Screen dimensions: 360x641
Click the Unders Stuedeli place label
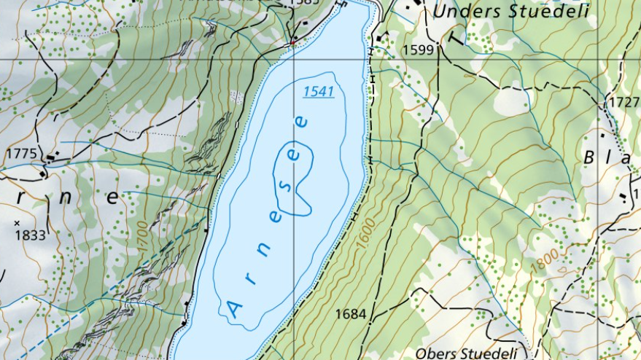pyautogui.click(x=510, y=12)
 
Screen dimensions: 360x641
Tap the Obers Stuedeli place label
pyautogui.click(x=468, y=353)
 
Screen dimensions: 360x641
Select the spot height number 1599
pyautogui.click(x=416, y=50)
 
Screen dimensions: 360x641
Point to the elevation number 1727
pyautogui.click(x=624, y=102)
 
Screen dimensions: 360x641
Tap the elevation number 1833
pyautogui.click(x=30, y=235)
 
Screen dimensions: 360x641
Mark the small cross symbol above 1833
pyautogui.click(x=17, y=222)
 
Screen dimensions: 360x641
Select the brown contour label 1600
pyautogui.click(x=364, y=232)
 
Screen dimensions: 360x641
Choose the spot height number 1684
pyautogui.click(x=350, y=314)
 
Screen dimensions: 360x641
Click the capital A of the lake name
pyautogui.click(x=235, y=310)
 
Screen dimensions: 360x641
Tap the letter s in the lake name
pyautogui.click(x=285, y=185)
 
